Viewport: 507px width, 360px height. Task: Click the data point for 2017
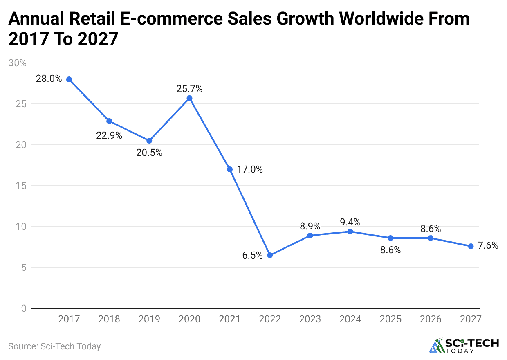tap(69, 79)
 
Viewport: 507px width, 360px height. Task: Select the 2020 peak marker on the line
tap(190, 98)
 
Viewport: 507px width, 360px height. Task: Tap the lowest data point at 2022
tap(270, 255)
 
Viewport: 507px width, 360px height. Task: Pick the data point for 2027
tap(471, 246)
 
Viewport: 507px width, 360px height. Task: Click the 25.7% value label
tap(189, 89)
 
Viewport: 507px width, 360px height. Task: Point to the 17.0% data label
tap(250, 169)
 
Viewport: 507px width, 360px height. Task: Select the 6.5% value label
tap(252, 256)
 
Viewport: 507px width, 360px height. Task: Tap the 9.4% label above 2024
tap(350, 222)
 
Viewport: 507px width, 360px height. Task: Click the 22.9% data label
tap(109, 135)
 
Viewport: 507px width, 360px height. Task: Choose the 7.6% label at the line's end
tap(488, 246)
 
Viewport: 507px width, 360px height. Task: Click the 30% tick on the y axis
tap(18, 63)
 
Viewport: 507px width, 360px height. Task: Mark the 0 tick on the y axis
tap(24, 308)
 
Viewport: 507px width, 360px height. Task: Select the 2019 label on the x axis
tap(149, 319)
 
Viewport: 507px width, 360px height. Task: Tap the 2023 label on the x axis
tap(310, 319)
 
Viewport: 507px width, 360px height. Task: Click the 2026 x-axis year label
tap(431, 319)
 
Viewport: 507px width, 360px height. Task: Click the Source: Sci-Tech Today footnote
tap(54, 346)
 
